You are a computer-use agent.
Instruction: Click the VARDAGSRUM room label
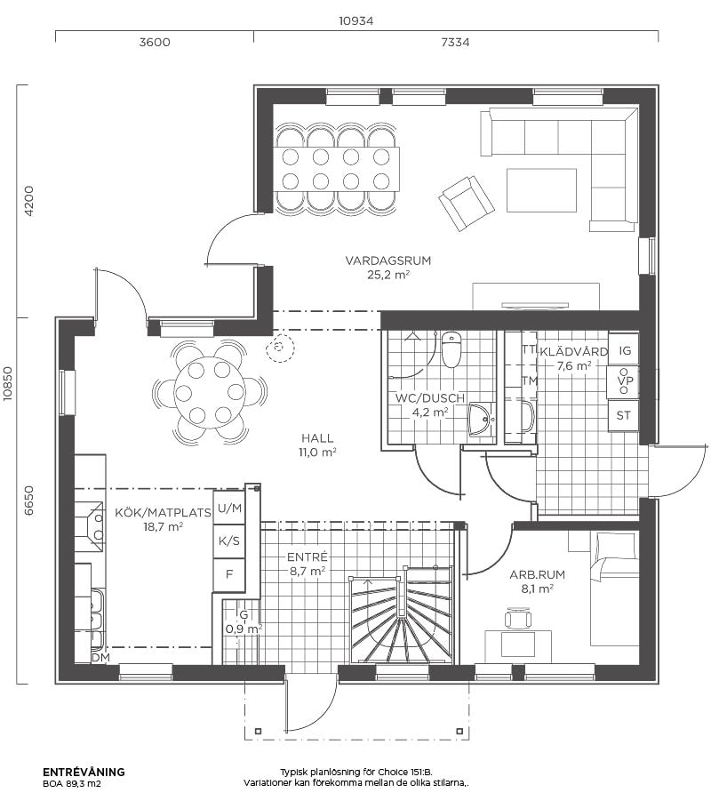pos(388,260)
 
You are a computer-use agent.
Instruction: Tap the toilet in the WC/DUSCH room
pos(451,349)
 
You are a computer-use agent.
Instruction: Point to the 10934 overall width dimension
pos(356,21)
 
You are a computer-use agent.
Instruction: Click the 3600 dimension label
pos(155,42)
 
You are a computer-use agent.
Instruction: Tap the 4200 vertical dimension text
pos(28,201)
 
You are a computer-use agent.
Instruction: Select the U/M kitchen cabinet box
pos(229,508)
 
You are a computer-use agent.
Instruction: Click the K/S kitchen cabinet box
pos(229,541)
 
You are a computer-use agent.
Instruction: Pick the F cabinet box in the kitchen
pos(229,574)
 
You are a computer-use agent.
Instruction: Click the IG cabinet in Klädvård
pos(624,350)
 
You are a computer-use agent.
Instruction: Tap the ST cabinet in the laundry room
pos(624,415)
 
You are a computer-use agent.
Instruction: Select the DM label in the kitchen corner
pos(100,658)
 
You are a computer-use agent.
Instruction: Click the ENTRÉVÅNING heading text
pos(84,772)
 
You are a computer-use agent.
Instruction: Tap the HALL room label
pos(317,438)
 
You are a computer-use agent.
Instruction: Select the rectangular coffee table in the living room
pos(541,190)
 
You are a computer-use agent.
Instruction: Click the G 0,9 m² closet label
pos(244,622)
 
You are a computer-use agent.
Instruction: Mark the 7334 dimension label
pos(455,42)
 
